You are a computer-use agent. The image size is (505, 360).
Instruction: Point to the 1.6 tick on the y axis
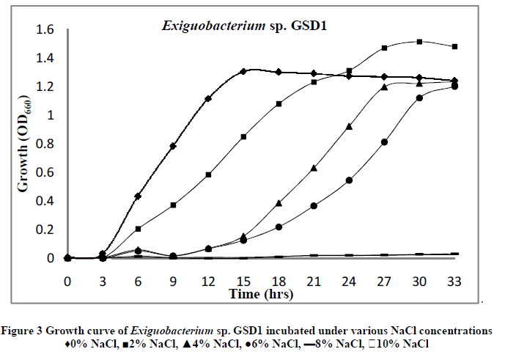[40, 29]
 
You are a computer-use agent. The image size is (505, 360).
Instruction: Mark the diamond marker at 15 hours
[243, 72]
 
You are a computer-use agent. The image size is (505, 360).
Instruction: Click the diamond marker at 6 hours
[138, 196]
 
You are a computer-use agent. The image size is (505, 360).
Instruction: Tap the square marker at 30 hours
[419, 42]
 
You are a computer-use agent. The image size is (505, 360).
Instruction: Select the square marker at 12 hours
[208, 175]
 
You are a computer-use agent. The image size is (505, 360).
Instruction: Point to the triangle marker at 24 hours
[349, 126]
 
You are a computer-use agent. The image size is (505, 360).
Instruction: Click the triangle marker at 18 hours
[279, 203]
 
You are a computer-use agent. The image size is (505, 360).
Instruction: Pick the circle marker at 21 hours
[314, 206]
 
